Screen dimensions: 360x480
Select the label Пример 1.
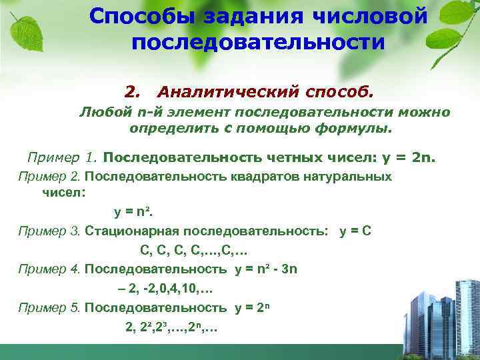click(63, 158)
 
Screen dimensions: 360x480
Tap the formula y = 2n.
click(409, 158)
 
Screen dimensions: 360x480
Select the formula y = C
click(356, 231)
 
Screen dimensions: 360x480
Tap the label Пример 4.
click(49, 269)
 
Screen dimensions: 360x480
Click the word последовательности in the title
click(258, 42)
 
